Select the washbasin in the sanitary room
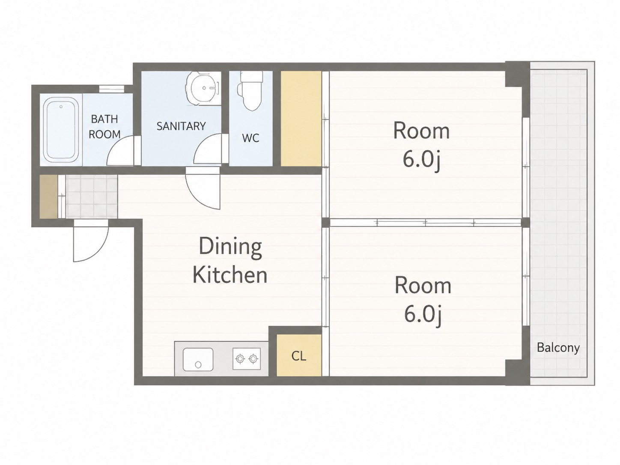203,88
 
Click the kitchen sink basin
198,359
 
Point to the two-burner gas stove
247,358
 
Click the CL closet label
298,356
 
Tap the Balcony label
558,348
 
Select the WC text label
250,138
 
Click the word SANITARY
181,126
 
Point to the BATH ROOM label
104,127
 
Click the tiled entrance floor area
91,197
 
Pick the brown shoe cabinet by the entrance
48,197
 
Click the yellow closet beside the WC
301,119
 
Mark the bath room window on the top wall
112,89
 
